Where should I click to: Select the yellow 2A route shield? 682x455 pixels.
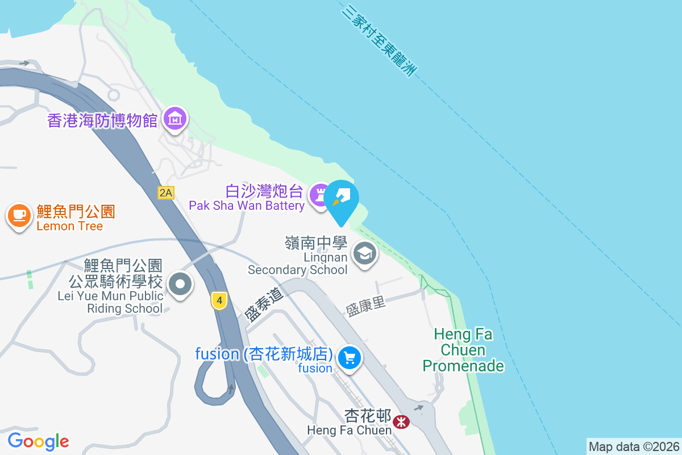tap(165, 193)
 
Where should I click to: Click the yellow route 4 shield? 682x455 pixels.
tap(219, 300)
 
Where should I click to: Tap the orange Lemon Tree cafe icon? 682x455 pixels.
tap(19, 216)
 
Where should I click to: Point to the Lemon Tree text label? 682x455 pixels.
tap(69, 226)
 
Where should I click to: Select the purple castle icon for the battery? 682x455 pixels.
tap(320, 195)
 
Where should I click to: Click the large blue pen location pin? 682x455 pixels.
tap(341, 200)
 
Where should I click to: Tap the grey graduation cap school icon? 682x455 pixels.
tap(364, 253)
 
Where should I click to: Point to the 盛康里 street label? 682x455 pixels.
tap(365, 306)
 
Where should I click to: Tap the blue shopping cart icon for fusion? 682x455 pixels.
tap(350, 358)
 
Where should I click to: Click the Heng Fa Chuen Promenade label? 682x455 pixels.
tap(463, 350)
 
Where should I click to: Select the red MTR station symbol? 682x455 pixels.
tap(401, 421)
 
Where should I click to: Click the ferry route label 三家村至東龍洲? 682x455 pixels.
tap(380, 41)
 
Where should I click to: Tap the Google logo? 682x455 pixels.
tap(38, 441)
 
